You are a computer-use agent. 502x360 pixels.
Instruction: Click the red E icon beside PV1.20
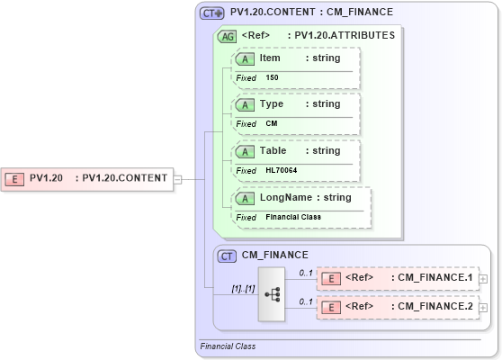coord(14,178)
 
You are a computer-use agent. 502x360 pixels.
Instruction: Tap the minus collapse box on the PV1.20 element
coord(178,178)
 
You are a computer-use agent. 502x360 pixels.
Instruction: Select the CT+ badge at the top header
coord(212,13)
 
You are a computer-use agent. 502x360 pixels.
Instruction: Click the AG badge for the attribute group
coord(229,36)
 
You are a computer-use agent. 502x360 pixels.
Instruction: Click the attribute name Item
coord(270,58)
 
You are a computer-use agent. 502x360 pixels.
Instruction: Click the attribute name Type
coord(271,104)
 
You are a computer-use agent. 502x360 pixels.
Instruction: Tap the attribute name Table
coord(273,151)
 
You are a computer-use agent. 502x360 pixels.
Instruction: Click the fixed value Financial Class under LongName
coord(292,217)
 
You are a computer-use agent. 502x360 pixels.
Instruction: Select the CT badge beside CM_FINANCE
coord(229,256)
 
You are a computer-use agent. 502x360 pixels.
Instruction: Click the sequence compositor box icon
coord(273,293)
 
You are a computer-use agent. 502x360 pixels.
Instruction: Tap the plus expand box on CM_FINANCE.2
coord(484,308)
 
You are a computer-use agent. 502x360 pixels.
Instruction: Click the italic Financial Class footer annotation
coord(228,346)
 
